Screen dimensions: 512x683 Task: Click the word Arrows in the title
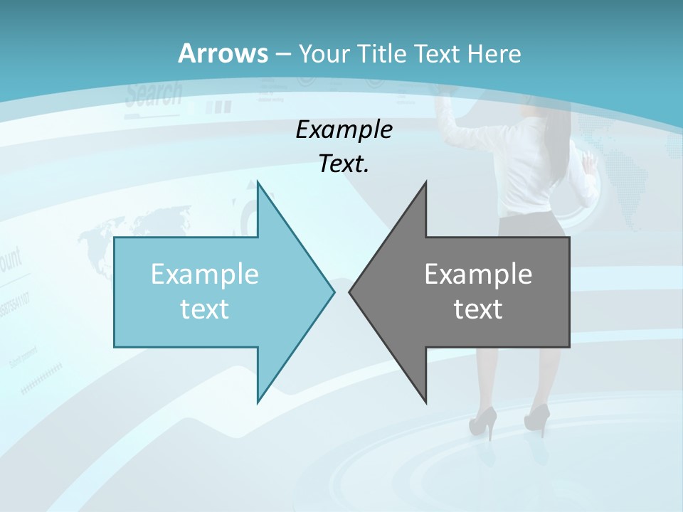tap(223, 53)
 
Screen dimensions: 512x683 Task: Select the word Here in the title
tap(494, 53)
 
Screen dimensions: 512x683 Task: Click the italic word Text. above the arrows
tap(344, 164)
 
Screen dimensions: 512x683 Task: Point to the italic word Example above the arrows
tap(344, 129)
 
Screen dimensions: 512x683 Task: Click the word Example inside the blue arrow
tap(205, 274)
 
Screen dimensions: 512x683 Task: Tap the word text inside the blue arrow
tap(205, 309)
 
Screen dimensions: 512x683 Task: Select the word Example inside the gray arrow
tap(478, 274)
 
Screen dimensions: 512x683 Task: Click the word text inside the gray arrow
tap(478, 309)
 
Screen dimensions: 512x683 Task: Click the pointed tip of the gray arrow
tap(350, 291)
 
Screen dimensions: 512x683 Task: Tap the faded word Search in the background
tap(154, 93)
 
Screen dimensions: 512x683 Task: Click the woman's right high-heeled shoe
tap(538, 418)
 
